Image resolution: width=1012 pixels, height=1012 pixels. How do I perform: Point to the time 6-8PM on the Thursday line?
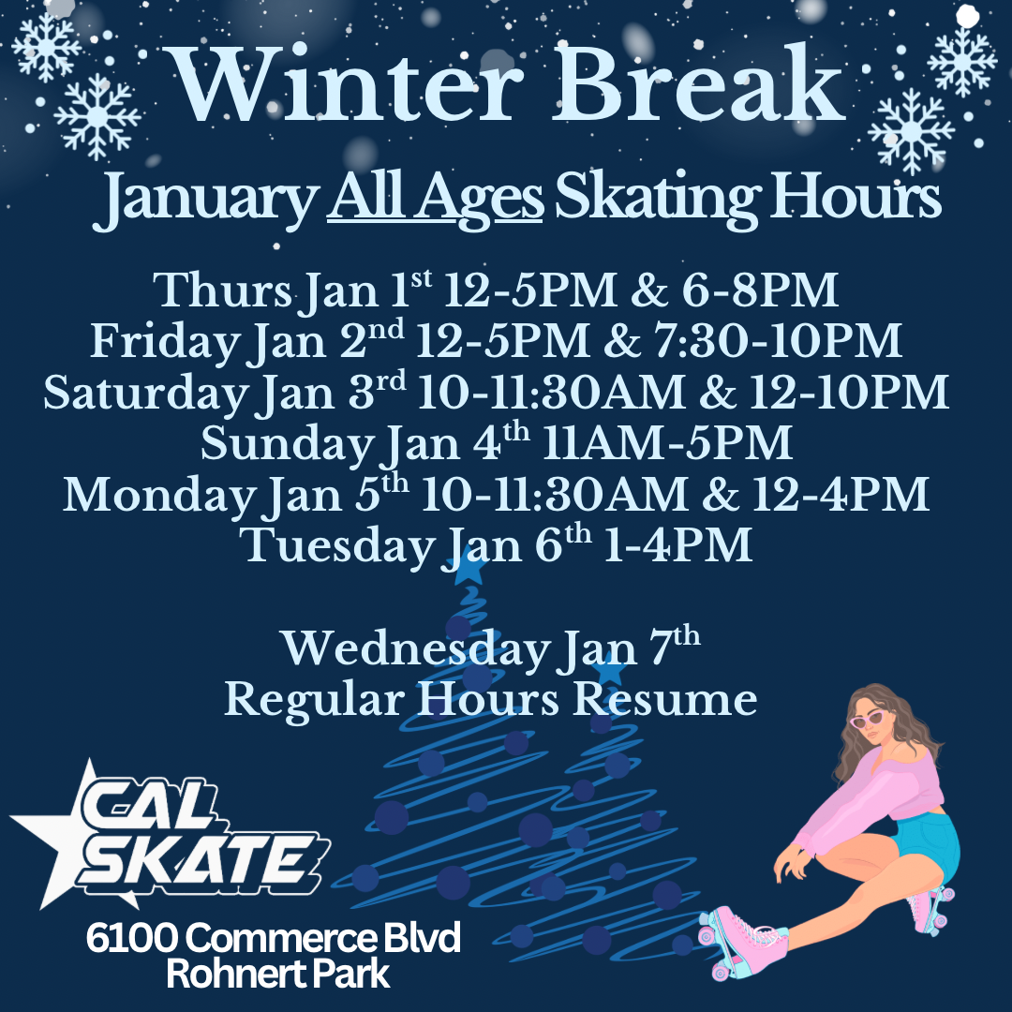(760, 290)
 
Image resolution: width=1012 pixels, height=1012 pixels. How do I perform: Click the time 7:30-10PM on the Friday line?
(778, 340)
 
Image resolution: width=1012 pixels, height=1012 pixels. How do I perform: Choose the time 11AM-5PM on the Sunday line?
(667, 442)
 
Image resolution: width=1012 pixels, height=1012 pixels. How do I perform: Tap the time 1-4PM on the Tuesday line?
(677, 545)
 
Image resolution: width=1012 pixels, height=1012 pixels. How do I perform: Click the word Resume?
(664, 700)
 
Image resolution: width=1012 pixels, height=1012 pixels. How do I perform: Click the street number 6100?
(132, 938)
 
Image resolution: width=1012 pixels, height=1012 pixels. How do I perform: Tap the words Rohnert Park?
(278, 975)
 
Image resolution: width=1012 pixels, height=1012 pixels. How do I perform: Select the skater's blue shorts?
(928, 844)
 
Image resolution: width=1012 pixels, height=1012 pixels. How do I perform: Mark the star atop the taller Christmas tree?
(469, 569)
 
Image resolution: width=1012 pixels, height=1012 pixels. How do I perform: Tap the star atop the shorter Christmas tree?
(609, 671)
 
